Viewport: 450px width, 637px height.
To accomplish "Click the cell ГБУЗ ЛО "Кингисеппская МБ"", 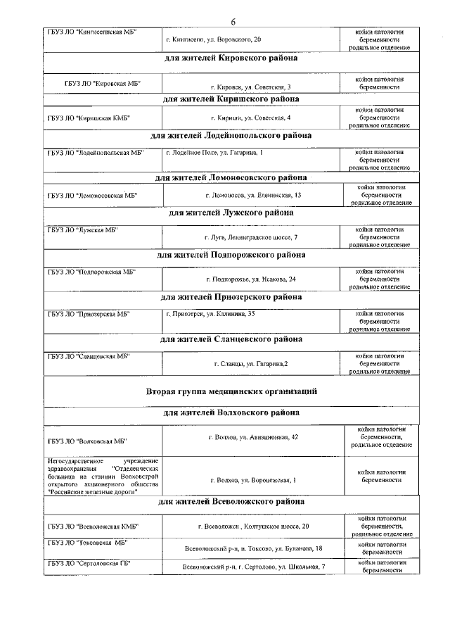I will [x=92, y=32].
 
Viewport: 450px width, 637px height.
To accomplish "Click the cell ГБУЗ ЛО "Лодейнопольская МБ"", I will [x=96, y=153].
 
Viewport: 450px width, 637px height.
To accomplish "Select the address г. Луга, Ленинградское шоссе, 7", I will [x=251, y=237].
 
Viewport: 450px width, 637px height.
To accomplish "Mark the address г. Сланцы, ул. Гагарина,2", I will [x=251, y=364].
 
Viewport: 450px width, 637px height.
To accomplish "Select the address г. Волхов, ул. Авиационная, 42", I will [x=254, y=438].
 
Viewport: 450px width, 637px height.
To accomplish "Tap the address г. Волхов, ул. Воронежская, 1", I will [x=253, y=480].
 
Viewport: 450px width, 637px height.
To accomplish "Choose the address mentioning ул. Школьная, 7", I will [x=254, y=567].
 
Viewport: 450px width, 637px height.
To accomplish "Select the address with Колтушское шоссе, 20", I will [x=253, y=526].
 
